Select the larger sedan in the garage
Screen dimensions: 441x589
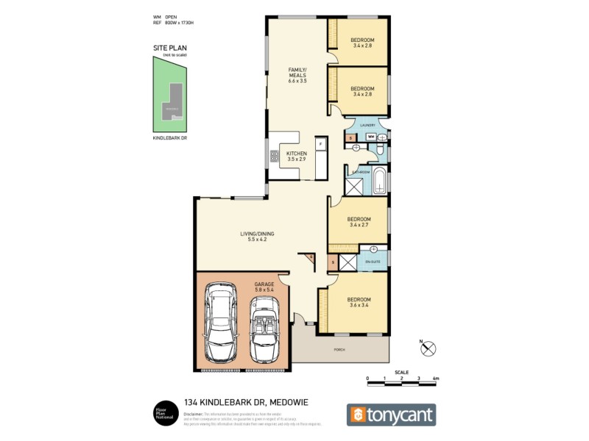pos(220,323)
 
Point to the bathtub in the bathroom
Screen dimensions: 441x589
pos(379,181)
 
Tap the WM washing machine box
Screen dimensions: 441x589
pos(371,137)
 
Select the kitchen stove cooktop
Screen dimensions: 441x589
pos(274,155)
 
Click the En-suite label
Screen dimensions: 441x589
pos(373,262)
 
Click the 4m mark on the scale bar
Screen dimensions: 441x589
pos(436,379)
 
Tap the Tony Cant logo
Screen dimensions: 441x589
pos(391,415)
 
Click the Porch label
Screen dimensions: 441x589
pos(338,350)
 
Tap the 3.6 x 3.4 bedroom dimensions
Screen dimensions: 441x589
pos(360,304)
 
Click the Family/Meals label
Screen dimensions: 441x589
pos(297,74)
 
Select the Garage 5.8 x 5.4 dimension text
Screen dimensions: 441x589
pos(264,290)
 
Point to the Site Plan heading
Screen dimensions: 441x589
pos(170,49)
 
